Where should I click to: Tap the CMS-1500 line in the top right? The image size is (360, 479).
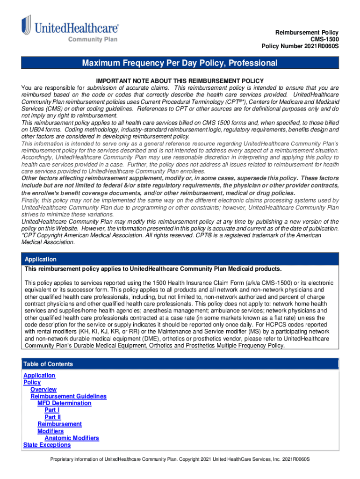pyautogui.click(x=324, y=39)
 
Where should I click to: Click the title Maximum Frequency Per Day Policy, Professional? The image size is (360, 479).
pyautogui.click(x=180, y=63)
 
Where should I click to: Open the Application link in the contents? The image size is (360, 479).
pyautogui.click(x=39, y=376)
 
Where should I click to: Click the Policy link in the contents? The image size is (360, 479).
pyautogui.click(x=32, y=383)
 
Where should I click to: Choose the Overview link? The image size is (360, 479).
pyautogui.click(x=43, y=390)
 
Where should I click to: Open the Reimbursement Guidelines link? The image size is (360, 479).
pyautogui.click(x=68, y=397)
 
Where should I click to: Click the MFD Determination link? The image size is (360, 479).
pyautogui.click(x=65, y=403)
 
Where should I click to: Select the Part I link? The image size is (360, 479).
pyautogui.click(x=52, y=410)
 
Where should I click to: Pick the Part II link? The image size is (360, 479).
pyautogui.click(x=52, y=417)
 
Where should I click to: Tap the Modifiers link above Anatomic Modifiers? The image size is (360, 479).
pyautogui.click(x=51, y=431)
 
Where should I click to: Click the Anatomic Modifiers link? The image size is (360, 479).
pyautogui.click(x=72, y=438)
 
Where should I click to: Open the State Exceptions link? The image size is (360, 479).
pyautogui.click(x=47, y=445)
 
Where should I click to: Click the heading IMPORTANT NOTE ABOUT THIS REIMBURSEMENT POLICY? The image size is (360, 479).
pyautogui.click(x=180, y=81)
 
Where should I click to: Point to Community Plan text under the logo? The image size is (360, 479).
pyautogui.click(x=93, y=39)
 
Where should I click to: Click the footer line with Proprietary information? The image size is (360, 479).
pyautogui.click(x=180, y=459)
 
